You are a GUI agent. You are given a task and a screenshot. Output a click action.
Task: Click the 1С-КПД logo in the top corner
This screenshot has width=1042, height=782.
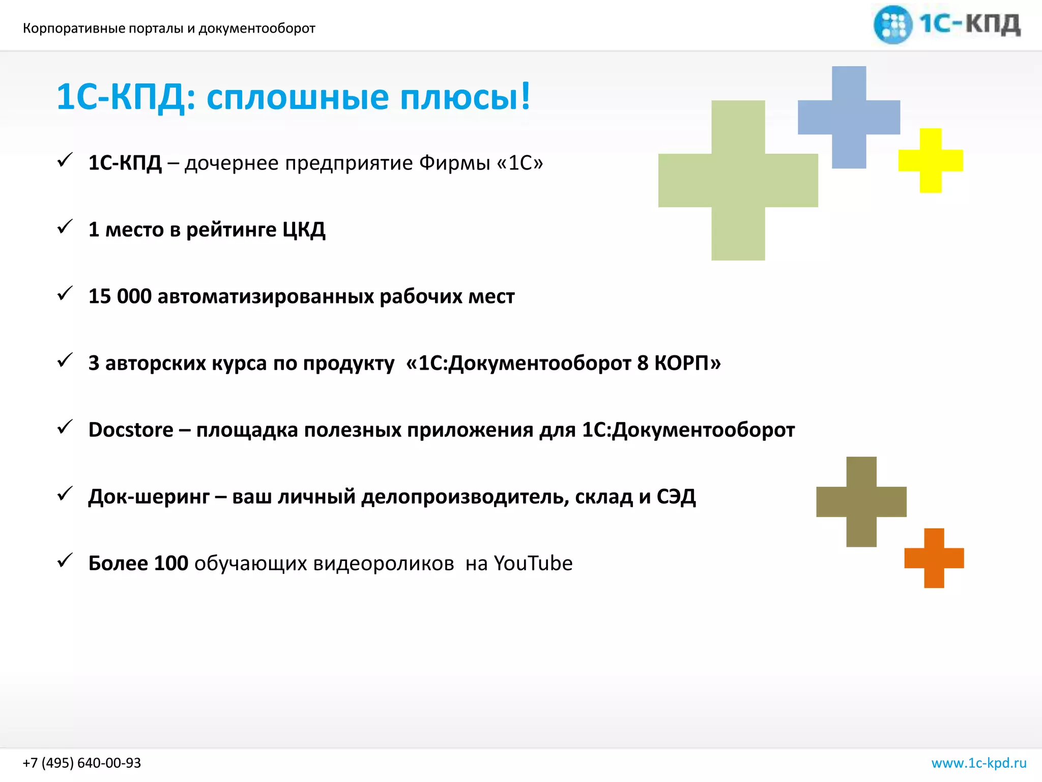947,24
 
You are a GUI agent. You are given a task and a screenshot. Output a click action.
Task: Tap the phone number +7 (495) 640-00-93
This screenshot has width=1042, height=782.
82,763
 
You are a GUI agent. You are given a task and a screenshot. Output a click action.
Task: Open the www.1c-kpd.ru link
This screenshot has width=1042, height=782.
979,763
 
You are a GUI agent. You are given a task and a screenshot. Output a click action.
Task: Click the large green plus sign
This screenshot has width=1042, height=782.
738,180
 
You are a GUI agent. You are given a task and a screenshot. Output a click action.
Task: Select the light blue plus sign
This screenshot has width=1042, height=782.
849,117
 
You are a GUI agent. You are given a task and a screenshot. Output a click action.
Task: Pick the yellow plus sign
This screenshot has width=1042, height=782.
931,160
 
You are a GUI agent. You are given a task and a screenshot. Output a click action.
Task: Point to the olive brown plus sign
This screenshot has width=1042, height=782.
861,501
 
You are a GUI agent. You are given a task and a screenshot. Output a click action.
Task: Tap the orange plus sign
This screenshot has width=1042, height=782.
934,558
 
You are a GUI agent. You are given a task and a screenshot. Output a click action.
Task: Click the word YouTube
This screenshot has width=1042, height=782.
533,563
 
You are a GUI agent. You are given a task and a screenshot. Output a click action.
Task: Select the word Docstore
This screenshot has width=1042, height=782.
131,430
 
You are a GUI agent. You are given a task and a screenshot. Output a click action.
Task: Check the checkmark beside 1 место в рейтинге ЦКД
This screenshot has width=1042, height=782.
65,227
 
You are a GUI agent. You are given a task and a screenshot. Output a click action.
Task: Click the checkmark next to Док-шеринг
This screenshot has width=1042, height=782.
65,493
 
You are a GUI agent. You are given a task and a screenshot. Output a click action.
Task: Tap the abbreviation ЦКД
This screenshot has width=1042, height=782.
304,230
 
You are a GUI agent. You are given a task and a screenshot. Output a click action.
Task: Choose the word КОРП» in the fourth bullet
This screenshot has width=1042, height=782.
687,363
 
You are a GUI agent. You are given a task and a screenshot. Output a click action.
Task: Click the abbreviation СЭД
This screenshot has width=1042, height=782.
676,496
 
